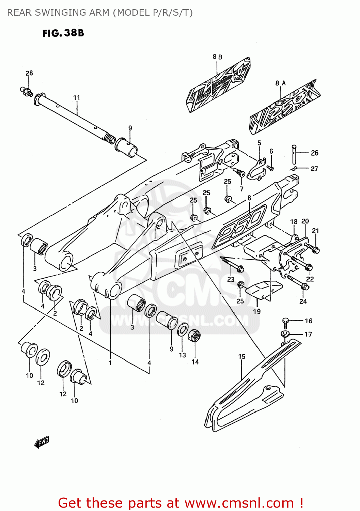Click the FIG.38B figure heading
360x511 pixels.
[63, 33]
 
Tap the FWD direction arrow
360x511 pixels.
[42, 442]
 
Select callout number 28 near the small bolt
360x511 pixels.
[29, 73]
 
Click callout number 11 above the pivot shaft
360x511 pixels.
[77, 98]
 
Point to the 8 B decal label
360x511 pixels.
[217, 57]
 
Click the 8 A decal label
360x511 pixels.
[280, 83]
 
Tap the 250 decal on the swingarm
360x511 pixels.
[239, 226]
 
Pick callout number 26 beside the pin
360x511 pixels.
[314, 153]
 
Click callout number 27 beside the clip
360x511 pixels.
[314, 169]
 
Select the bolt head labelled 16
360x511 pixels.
[285, 321]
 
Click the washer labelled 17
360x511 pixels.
[285, 333]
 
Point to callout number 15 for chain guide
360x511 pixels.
[242, 357]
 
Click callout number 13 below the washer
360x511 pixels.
[183, 355]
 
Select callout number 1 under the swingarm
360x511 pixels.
[110, 363]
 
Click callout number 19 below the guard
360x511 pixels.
[257, 311]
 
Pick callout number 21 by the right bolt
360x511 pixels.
[315, 231]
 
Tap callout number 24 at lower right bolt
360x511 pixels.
[303, 301]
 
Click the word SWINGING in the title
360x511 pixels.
[59, 13]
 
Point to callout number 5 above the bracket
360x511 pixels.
[259, 143]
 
